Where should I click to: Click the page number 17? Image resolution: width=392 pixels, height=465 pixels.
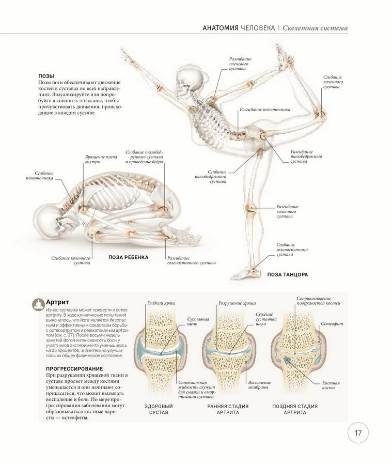click(358, 433)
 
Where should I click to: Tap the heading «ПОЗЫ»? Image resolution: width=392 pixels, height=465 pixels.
click(46, 75)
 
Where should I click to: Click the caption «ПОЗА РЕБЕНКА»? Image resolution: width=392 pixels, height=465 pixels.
click(129, 257)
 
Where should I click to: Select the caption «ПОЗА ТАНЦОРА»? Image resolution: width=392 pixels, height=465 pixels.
click(287, 274)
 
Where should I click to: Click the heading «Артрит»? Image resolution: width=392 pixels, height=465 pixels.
click(57, 302)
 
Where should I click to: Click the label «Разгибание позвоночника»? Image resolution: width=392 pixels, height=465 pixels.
click(265, 110)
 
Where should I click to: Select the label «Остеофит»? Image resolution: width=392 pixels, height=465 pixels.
click(332, 323)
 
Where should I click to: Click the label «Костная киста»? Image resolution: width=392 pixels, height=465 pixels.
click(331, 385)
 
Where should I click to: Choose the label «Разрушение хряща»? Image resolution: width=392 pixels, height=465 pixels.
click(237, 303)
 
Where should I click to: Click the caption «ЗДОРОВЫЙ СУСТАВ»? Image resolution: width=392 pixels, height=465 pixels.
click(159, 409)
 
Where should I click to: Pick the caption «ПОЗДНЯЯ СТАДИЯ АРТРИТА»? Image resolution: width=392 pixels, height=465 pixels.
click(295, 409)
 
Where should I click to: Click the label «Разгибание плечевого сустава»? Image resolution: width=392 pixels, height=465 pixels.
click(240, 63)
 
